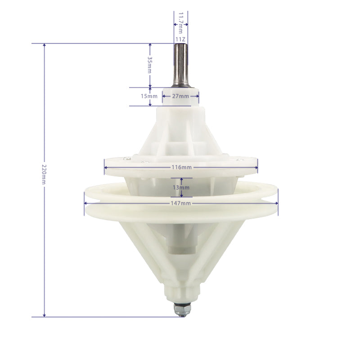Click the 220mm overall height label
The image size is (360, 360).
click(x=44, y=174)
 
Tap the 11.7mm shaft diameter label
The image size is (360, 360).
click(x=181, y=23)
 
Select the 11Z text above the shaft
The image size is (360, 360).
click(x=180, y=40)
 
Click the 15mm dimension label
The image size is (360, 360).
click(x=149, y=96)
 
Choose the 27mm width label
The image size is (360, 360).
click(x=180, y=96)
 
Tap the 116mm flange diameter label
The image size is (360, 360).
click(x=181, y=167)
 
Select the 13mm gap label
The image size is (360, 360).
click(x=181, y=188)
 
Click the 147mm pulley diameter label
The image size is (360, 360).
click(x=181, y=203)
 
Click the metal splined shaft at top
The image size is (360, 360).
click(x=181, y=65)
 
